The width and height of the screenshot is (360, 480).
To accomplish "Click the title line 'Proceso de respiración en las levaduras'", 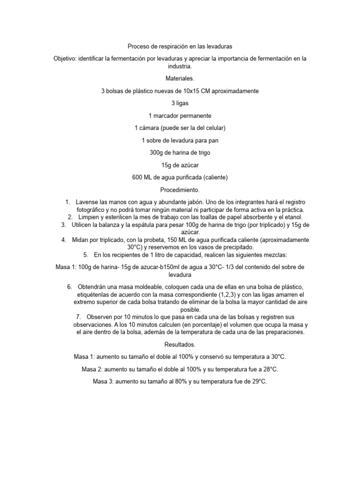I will pos(180,47).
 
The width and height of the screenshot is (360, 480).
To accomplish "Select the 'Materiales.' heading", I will pos(180,78).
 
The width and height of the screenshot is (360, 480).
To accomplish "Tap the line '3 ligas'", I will pos(180,103).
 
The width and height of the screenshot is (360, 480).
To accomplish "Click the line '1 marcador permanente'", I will pos(180,115).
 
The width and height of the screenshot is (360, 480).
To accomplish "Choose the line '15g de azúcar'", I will pos(180,165).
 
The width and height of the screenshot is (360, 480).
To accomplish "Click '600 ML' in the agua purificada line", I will pos(143,177).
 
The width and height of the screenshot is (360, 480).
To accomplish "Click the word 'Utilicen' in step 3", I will pos(83,225).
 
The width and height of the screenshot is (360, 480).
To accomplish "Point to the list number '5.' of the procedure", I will pos(86,255).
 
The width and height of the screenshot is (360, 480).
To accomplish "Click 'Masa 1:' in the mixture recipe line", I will pos(66,267).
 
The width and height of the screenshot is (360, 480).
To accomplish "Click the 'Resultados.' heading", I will pos(180,345).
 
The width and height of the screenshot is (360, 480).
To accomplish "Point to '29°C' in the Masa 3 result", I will pos(257,382).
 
